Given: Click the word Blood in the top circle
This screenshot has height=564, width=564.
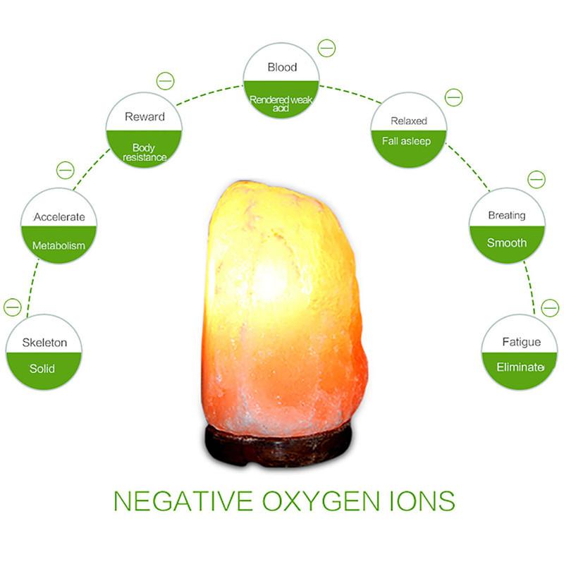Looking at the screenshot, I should [x=281, y=68].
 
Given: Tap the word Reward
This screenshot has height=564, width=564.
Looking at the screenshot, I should [x=145, y=117].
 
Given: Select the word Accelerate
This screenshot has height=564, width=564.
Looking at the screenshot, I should [x=59, y=217].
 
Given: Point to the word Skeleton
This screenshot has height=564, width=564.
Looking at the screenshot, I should [x=44, y=343].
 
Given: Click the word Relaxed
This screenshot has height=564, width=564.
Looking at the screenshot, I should [x=409, y=121].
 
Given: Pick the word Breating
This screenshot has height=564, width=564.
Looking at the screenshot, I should [x=507, y=216].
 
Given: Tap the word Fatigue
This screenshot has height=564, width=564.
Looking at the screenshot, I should [x=521, y=342].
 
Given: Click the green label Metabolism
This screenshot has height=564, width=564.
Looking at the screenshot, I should [x=59, y=246].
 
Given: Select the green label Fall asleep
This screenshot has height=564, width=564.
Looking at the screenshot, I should [x=406, y=141].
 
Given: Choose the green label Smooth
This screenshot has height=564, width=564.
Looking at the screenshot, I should [x=507, y=243].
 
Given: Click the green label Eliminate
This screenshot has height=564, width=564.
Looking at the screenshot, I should [x=520, y=367].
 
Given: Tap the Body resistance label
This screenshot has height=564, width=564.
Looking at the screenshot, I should [x=145, y=152].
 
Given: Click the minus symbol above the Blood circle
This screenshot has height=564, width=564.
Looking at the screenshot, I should [x=326, y=48].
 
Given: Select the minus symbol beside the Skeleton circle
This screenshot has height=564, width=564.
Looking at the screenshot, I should [x=13, y=307].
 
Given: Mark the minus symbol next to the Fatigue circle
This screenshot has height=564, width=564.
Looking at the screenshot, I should [x=550, y=307].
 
